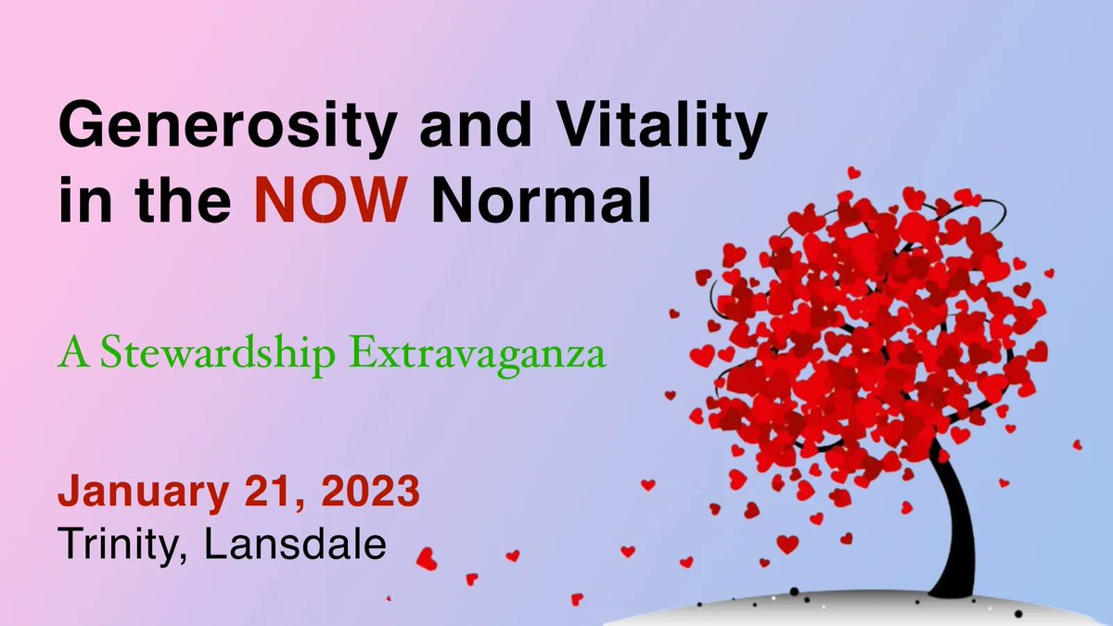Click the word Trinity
[x=119, y=543]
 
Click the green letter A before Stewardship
[x=69, y=354]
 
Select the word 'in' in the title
[x=76, y=201]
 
